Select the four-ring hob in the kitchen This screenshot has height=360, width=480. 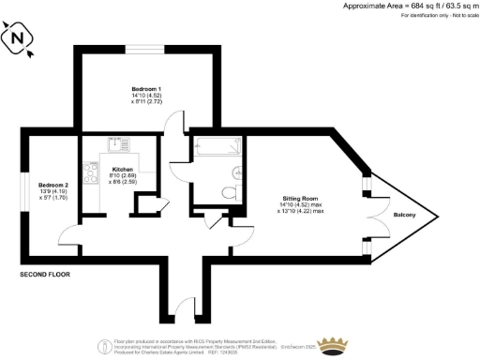click(x=92, y=172)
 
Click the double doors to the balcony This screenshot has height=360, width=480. click(x=373, y=217)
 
